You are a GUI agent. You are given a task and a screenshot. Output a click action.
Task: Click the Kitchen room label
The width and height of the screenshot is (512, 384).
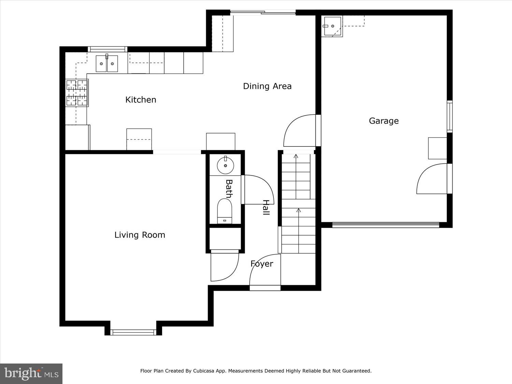coord(141,100)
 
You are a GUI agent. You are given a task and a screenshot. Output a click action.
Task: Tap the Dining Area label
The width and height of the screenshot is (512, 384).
coord(267,86)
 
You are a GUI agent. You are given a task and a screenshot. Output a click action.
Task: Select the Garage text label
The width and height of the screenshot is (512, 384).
coord(384,121)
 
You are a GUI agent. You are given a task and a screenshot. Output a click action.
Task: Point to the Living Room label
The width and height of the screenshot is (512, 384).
coord(140,235)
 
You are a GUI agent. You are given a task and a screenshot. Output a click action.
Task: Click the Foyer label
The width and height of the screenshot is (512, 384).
coord(262,264)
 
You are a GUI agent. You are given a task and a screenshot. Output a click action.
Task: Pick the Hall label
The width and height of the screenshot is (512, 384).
coord(266,207)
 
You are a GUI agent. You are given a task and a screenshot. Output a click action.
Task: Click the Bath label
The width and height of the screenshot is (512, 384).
coord(229,189)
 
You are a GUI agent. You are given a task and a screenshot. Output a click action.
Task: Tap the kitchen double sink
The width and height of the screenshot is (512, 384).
coord(106,64)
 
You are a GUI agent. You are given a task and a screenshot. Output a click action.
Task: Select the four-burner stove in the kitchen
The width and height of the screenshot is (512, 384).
coord(77,93)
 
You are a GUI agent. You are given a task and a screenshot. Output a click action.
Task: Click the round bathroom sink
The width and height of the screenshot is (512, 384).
coord(225,166)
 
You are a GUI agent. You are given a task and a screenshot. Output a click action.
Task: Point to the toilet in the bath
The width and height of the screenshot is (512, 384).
coord(225,211)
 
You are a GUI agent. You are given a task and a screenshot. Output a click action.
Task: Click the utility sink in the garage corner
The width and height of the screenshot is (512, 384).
coord(332,26)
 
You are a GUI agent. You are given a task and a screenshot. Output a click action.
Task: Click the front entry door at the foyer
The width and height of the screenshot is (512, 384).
coord(265,271)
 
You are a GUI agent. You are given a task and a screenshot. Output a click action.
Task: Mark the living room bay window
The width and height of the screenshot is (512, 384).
coord(133,332)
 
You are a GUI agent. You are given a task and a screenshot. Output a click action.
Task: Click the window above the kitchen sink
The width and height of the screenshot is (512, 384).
coord(108,49)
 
